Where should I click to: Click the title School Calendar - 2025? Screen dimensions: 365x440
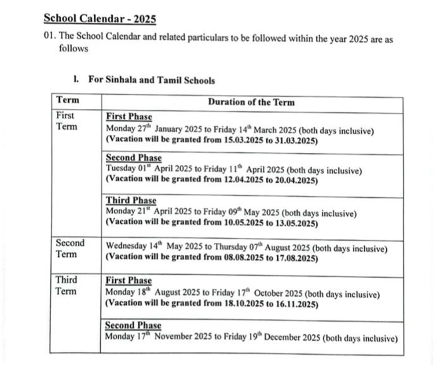(100, 19)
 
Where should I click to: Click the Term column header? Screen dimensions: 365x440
(68, 100)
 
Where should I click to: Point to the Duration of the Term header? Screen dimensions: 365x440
(251, 102)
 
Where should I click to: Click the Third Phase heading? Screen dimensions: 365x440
(131, 201)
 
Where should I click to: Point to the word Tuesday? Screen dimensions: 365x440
(120, 169)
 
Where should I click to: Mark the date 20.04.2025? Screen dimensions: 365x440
(295, 181)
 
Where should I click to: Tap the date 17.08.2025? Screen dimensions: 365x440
(295, 258)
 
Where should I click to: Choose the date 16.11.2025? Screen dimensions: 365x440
(295, 304)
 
